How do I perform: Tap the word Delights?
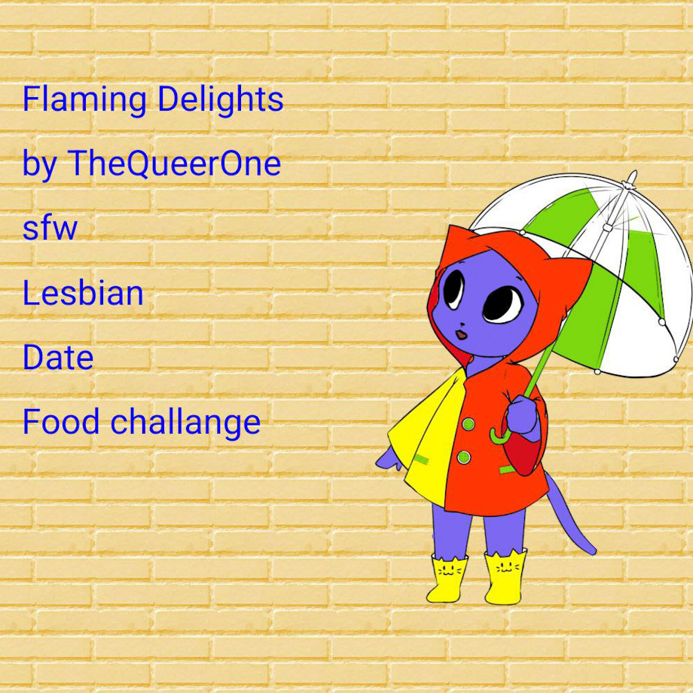220,98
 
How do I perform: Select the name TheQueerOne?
174,163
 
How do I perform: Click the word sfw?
50,227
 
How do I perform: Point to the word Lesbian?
83,292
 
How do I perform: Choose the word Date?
58,357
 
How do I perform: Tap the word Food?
61,421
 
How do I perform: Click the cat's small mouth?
462,334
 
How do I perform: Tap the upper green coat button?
468,424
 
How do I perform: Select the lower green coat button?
463,457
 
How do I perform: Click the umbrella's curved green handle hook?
499,436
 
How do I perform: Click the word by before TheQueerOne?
40,164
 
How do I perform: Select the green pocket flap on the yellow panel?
421,459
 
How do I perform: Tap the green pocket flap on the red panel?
508,469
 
